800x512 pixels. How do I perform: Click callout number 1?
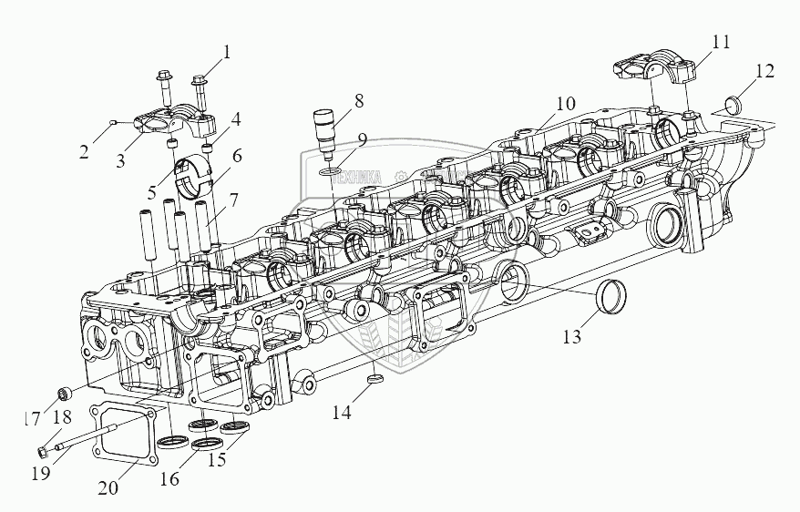point(227,52)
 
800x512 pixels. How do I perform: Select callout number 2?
point(84,151)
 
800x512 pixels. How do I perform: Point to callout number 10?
point(566,103)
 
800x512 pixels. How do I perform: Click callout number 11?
point(721,42)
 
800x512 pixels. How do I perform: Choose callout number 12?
point(764,69)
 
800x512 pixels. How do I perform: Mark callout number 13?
point(571,337)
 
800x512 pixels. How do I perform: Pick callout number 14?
point(341,413)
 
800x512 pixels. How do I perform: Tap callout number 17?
point(33,420)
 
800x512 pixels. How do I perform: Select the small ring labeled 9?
point(332,169)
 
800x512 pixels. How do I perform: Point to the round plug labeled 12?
point(732,101)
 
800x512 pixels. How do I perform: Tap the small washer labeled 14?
point(374,377)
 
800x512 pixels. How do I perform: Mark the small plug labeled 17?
point(65,395)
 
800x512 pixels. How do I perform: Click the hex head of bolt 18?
point(43,450)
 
